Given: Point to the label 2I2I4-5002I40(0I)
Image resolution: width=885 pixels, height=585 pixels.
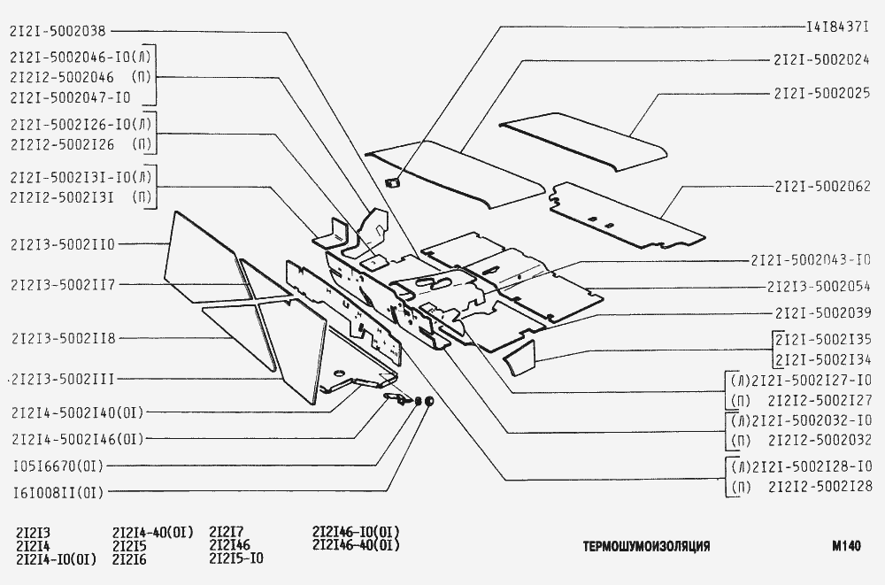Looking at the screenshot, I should [x=78, y=412].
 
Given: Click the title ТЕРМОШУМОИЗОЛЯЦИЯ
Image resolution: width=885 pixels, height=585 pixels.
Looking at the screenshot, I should [x=646, y=547].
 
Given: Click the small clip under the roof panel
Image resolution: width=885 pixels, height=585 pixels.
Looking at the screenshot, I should [x=393, y=183].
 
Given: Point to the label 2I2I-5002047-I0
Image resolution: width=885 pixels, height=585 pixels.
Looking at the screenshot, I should [x=71, y=96].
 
